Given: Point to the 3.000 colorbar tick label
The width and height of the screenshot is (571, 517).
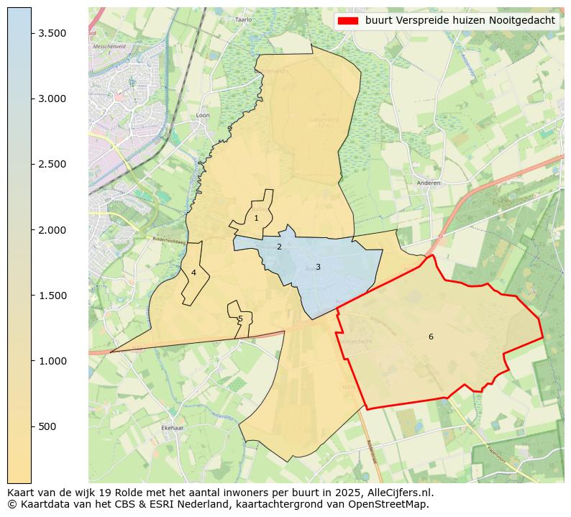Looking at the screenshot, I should coord(53,99).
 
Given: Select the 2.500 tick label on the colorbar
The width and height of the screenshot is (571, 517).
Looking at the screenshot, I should coord(53,164).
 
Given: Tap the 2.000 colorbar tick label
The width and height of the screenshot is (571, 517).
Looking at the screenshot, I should coord(53,230).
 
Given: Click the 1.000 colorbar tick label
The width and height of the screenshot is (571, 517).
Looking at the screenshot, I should coord(53,361).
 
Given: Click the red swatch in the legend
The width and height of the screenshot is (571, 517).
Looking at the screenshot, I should coord(347,21).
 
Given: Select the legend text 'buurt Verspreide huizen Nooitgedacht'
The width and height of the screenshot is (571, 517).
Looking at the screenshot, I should coord(460,21).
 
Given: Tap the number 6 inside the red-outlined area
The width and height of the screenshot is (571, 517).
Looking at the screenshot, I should coord(431,337).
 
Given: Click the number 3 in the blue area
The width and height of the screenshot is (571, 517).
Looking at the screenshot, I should coord(318,267).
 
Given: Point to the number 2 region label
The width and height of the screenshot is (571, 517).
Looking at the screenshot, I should coord(279,247).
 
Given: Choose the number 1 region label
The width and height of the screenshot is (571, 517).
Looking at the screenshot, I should coord(256,218).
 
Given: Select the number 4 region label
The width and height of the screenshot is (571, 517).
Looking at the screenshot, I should coord(193,273).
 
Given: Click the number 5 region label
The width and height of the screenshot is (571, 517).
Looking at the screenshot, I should coord(240,319).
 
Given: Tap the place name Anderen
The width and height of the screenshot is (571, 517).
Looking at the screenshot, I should coord(428,183).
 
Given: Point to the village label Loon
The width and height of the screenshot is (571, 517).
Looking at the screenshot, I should coord(203,115).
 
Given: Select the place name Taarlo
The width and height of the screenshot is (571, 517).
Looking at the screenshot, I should coord(244,20).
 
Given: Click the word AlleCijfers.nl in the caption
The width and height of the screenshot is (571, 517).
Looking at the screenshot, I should coord(399,493).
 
